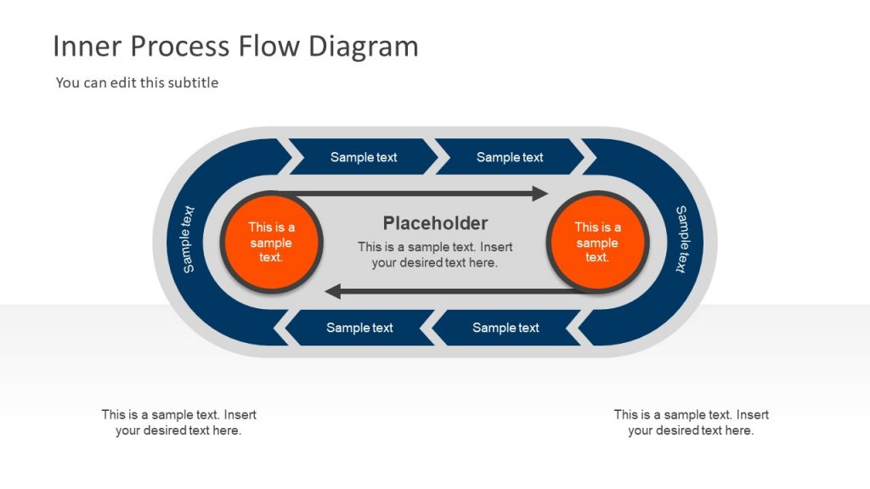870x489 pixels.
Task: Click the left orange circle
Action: (270, 242)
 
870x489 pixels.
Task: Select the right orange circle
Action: (597, 242)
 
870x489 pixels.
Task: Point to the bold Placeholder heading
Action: (435, 223)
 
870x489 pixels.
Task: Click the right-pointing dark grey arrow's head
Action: (540, 194)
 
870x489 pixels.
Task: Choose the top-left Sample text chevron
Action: (364, 157)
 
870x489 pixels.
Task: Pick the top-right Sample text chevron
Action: (510, 157)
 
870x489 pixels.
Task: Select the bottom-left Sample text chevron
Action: (359, 328)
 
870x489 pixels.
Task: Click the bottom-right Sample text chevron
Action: (506, 328)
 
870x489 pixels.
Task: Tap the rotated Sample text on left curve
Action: (189, 239)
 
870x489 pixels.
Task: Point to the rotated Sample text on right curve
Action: (681, 239)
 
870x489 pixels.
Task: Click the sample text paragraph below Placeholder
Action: (435, 255)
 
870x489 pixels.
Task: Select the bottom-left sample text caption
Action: (178, 423)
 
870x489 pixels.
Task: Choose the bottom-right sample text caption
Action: (691, 423)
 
